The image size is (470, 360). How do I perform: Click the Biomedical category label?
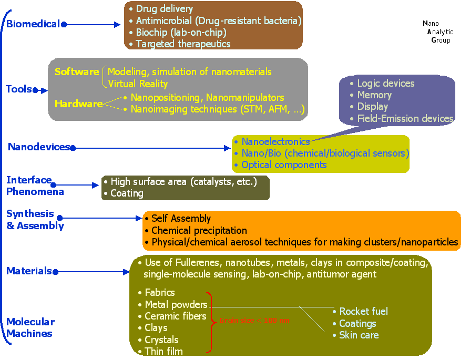pos(33,24)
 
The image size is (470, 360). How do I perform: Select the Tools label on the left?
pos(19,89)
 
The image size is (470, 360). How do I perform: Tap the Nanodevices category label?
pos(39,147)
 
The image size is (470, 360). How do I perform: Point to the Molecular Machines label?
pos(30,327)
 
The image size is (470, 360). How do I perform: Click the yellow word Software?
pos(77,71)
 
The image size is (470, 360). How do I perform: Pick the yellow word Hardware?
pos(78,104)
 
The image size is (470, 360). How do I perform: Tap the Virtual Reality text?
pos(138,84)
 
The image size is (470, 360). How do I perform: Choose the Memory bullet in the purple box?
pos(374,95)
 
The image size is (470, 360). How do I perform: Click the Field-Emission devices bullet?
pos(405,119)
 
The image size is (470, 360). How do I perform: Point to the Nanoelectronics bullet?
pos(275,142)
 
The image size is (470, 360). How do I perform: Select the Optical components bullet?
pos(284,165)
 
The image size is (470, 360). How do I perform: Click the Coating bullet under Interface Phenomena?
pos(127,193)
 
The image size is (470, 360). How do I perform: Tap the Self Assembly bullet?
pos(181,219)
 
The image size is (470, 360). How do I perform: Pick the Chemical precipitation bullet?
pos(199,231)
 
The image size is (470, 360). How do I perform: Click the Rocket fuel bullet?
pos(363,312)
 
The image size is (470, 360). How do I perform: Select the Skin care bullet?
pos(359,335)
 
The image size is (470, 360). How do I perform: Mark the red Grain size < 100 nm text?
pos(254,321)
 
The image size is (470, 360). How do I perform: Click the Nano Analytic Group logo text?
pos(437,32)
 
